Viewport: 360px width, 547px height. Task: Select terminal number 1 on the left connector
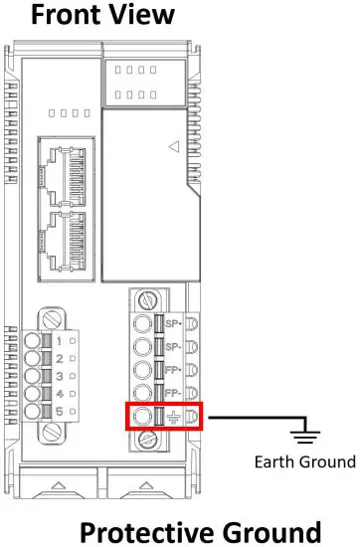(59, 341)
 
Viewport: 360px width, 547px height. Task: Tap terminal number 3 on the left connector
(59, 377)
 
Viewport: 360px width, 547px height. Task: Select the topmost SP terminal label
(170, 324)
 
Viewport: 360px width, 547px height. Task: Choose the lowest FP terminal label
(170, 392)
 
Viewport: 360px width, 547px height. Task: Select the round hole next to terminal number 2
(36, 359)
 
